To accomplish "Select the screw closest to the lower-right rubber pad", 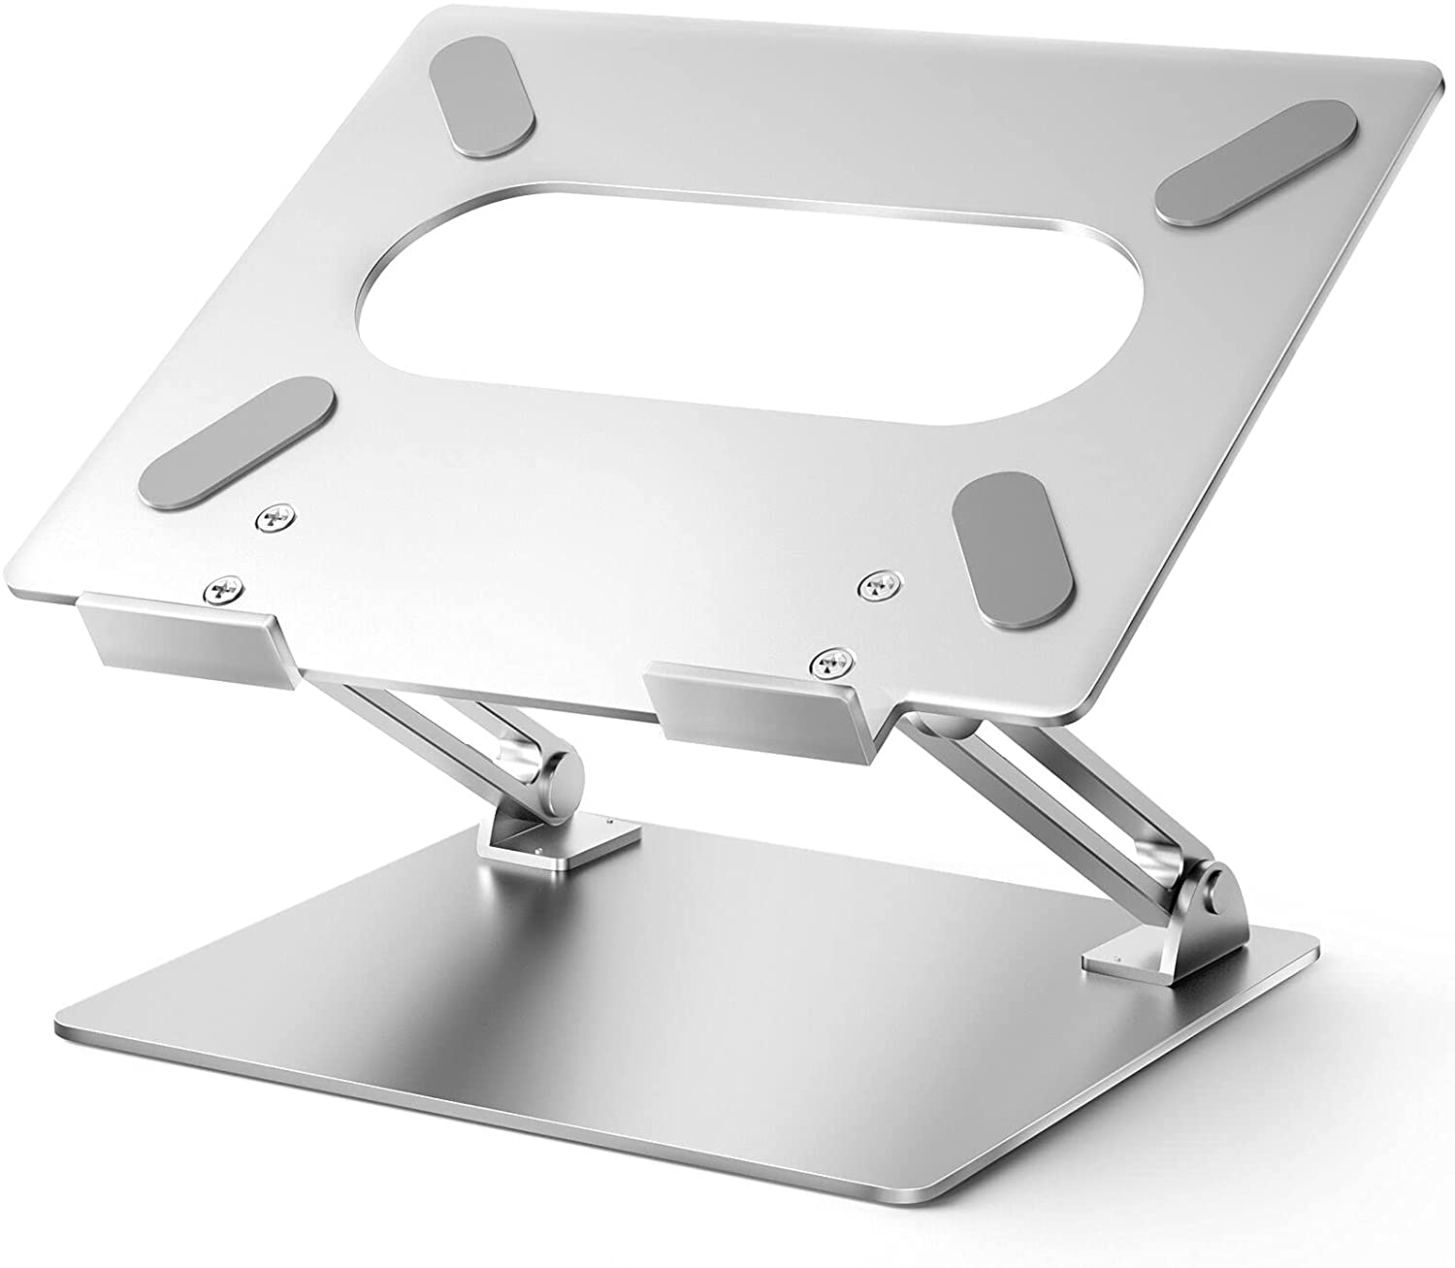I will click(x=881, y=582).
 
